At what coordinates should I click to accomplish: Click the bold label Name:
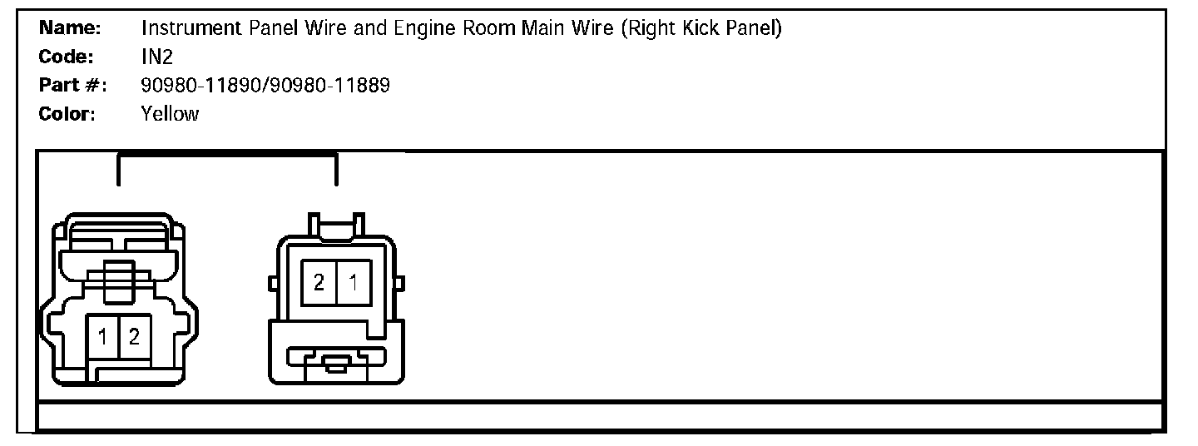pyautogui.click(x=70, y=28)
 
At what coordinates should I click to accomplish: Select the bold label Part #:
pyautogui.click(x=72, y=85)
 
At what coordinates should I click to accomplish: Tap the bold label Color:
pyautogui.click(x=67, y=113)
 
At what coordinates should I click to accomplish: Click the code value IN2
pyautogui.click(x=157, y=57)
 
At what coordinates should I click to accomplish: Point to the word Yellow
pyautogui.click(x=170, y=113)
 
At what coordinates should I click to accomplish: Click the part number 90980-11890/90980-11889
pyautogui.click(x=265, y=85)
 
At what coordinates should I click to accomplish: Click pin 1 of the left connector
pyautogui.click(x=103, y=337)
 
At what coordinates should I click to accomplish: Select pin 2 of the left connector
pyautogui.click(x=134, y=337)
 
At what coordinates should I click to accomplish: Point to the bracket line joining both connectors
pyautogui.click(x=227, y=155)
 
